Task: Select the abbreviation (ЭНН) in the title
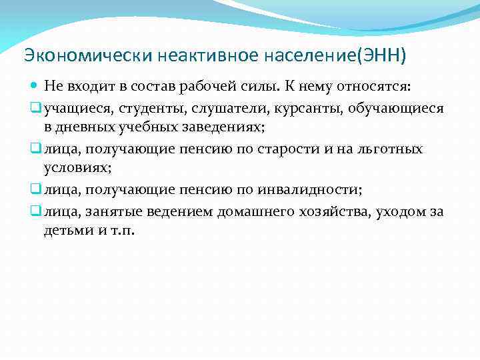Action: (381, 54)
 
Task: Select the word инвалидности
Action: (316, 190)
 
